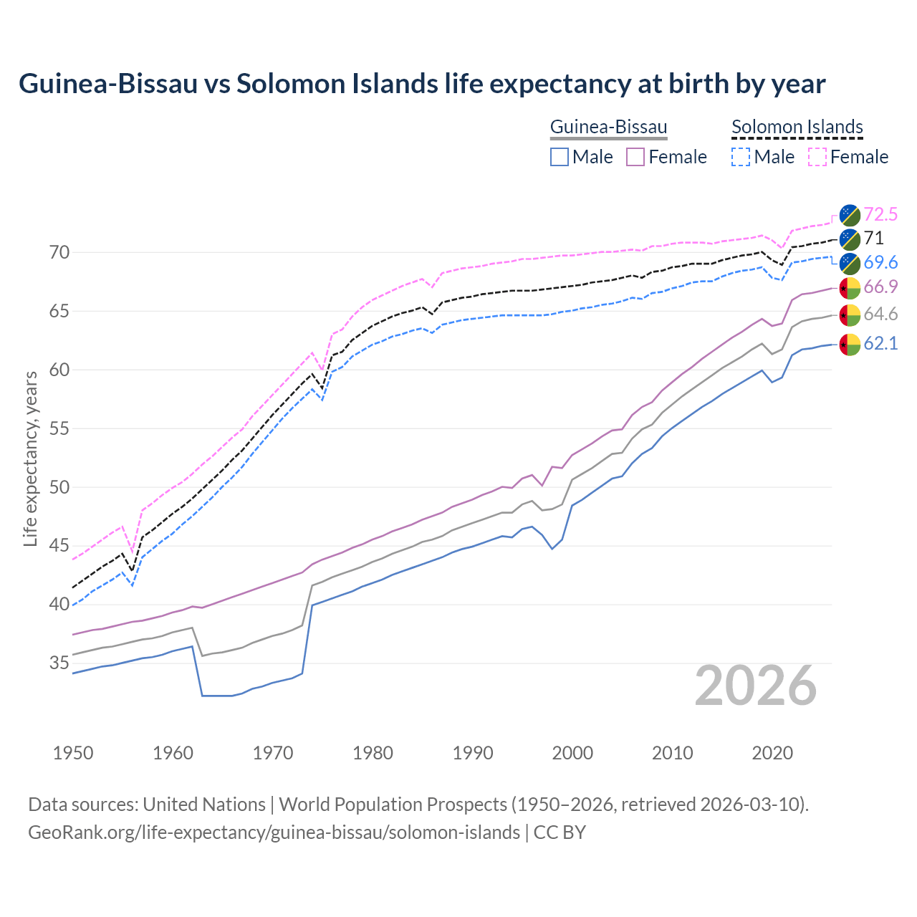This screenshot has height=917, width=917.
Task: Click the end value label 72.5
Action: [x=880, y=214]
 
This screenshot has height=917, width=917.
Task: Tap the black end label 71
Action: [x=873, y=239]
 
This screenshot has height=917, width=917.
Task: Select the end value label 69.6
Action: [x=880, y=262]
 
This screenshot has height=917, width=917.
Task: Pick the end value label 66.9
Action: [x=880, y=287]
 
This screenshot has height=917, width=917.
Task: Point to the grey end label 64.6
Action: [x=880, y=315]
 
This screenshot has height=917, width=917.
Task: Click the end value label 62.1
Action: [x=880, y=344]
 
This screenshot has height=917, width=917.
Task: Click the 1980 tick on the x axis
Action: [x=373, y=753]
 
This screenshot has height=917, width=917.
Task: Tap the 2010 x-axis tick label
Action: [x=672, y=753]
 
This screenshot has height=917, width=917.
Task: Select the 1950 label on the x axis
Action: [x=73, y=753]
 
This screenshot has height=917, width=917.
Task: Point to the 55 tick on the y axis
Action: [x=59, y=429]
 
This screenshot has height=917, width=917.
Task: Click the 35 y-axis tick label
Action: [x=59, y=663]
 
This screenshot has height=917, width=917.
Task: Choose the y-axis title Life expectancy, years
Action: [x=31, y=458]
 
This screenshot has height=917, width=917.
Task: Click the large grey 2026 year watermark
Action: [x=755, y=686]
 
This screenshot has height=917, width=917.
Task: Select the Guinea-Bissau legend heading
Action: [x=608, y=127]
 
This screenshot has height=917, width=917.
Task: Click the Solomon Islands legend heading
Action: [x=797, y=127]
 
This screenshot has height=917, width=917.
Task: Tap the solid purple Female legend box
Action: [x=635, y=157]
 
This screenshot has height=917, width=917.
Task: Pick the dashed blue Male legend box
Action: [x=741, y=157]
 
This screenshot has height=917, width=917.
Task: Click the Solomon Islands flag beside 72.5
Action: [x=850, y=214]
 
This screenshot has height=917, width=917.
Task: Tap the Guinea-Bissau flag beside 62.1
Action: [x=850, y=344]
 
